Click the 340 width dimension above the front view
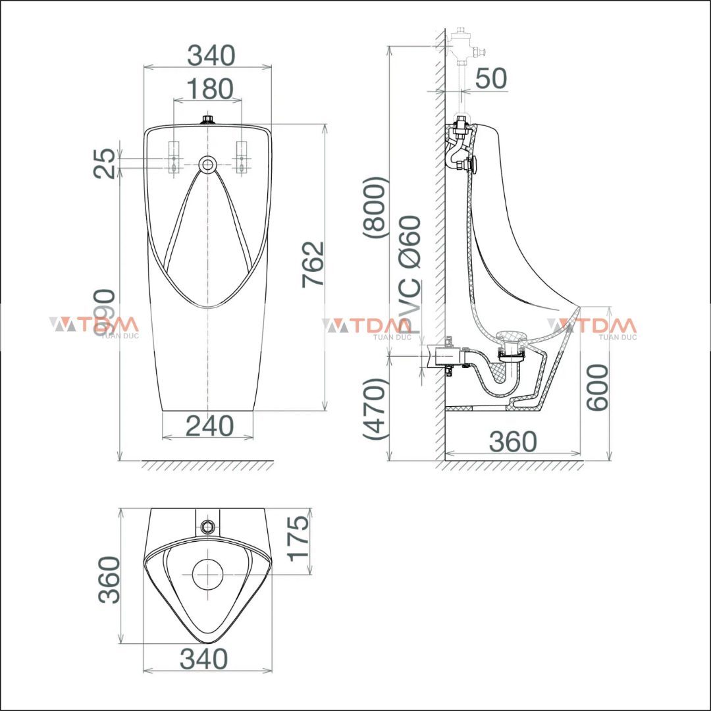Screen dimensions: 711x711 tap(211, 55)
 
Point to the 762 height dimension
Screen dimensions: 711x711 tap(313, 263)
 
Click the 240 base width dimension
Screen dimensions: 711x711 tap(209, 426)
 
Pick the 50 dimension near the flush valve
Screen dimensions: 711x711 tap(491, 78)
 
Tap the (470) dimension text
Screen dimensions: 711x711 tap(377, 408)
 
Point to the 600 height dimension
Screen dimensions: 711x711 tap(598, 387)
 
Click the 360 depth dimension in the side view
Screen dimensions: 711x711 tap(513, 442)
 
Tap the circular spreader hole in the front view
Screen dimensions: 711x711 tap(208, 163)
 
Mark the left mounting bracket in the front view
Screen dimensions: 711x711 tap(174, 157)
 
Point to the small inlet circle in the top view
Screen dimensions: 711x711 tap(208, 525)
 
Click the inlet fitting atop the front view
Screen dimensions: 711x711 tap(208, 120)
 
